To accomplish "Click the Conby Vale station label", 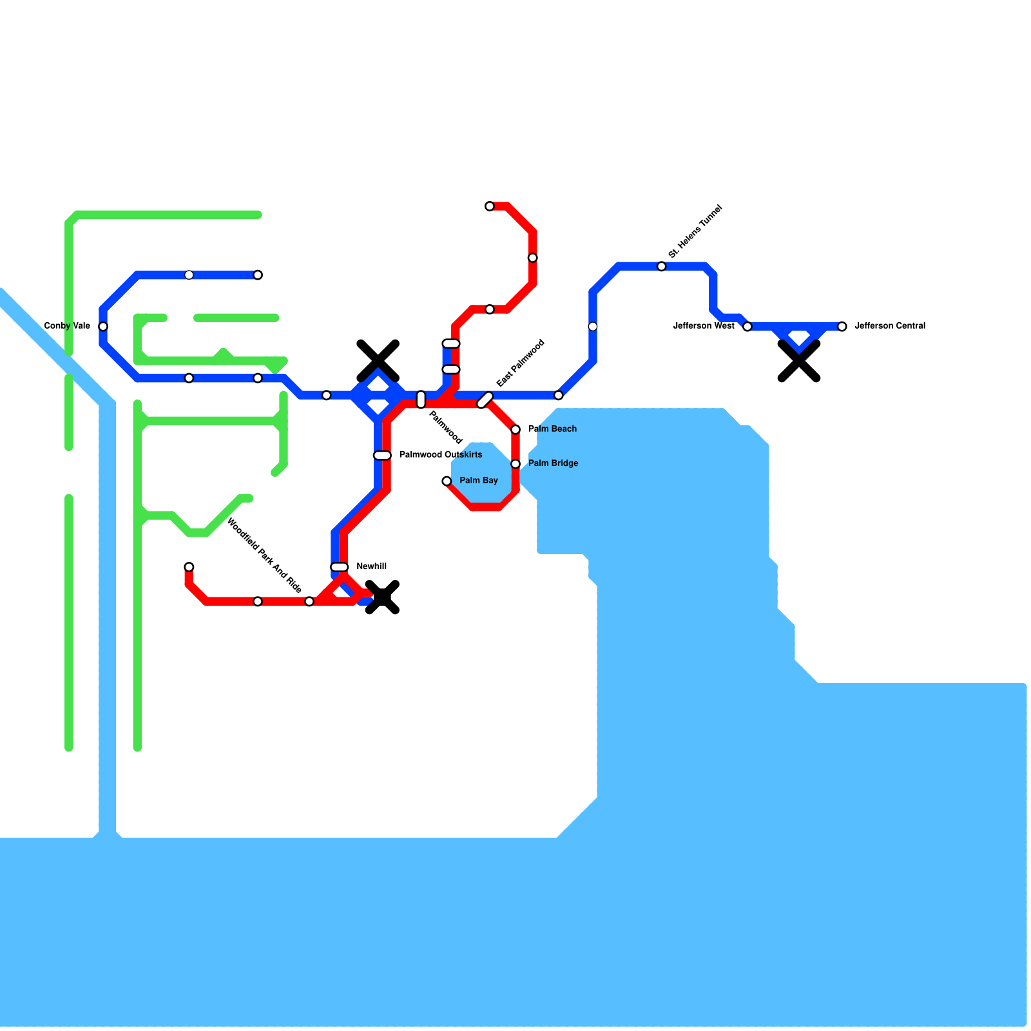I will click(x=67, y=326).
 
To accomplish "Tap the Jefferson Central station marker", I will click(x=842, y=327).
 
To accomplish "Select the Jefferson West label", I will click(x=704, y=326).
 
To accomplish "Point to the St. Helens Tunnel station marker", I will click(x=661, y=267).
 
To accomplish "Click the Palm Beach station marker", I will click(x=515, y=430).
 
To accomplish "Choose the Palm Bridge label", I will click(x=553, y=463).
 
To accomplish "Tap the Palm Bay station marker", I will click(x=447, y=481).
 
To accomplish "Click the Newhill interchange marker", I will click(x=340, y=567).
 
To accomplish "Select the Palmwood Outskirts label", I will click(x=441, y=455).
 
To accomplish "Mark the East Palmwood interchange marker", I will click(x=485, y=400).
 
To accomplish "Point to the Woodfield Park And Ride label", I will click(x=264, y=556).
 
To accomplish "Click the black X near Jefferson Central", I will click(x=798, y=361).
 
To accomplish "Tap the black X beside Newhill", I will click(x=383, y=597).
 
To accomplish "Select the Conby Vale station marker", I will click(x=103, y=327).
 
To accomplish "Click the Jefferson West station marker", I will click(x=747, y=327).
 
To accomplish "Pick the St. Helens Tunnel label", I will click(x=695, y=231).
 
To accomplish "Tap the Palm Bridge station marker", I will click(x=515, y=464).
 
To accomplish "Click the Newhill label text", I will click(x=371, y=567).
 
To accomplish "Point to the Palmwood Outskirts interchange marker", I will click(x=382, y=456).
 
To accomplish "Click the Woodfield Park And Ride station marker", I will click(x=309, y=601).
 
